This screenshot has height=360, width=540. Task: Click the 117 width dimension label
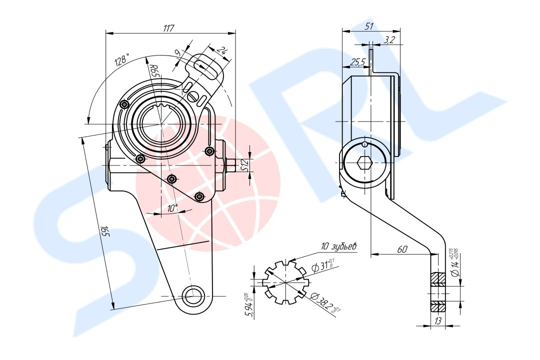coord(168,28)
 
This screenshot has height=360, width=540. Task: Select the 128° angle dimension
coord(121,60)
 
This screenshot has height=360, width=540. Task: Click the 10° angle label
coord(172,208)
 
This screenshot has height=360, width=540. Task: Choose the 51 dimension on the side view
coord(369,26)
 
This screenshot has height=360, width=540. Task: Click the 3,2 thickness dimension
coord(390,40)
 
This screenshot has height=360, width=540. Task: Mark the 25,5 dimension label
coord(357,62)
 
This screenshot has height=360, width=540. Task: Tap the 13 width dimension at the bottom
coord(438,321)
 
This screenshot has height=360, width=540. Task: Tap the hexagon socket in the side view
coord(364,162)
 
